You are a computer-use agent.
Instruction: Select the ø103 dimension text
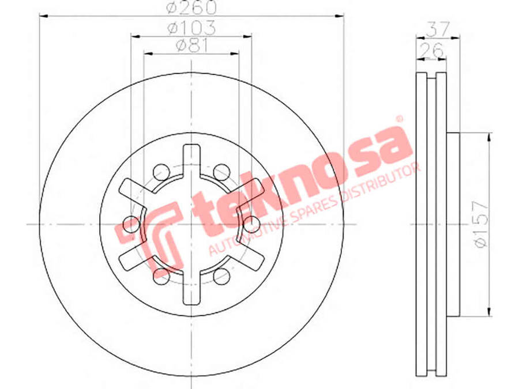(191, 28)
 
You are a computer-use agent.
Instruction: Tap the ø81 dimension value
(191, 46)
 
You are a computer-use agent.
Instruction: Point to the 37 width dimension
(438, 29)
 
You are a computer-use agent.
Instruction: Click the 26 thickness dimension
(431, 50)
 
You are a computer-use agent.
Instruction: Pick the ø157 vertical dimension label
(481, 224)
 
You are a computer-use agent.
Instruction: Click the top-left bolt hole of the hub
(161, 172)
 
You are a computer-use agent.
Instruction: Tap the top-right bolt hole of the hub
(221, 172)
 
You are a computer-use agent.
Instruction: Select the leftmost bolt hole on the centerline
(131, 224)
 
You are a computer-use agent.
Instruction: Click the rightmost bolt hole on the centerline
(251, 224)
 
